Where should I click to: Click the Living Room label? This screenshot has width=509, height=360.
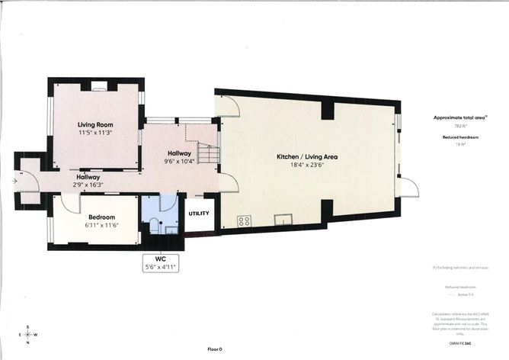pos(95,124)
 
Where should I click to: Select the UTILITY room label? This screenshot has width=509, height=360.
pos(200,213)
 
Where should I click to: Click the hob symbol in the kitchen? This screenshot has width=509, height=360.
pos(245,221)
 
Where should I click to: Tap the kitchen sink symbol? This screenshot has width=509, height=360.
pos(283,220)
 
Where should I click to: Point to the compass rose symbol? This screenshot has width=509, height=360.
pos(28,333)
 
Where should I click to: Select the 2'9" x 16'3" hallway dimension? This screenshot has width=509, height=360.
pos(88,185)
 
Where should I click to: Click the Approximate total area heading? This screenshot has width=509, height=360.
pos(460,118)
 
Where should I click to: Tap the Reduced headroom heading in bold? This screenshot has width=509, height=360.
pos(459,137)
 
